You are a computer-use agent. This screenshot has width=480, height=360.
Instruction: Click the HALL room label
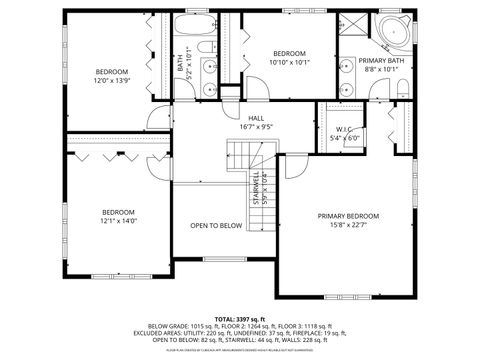tap(257, 118)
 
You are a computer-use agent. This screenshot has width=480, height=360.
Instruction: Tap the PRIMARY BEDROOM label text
tap(348, 216)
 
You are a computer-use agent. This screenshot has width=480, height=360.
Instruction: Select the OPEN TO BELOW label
tap(216, 226)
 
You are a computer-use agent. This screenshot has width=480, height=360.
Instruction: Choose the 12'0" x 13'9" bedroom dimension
tap(112, 79)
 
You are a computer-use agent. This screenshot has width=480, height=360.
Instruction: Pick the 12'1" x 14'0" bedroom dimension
tap(118, 220)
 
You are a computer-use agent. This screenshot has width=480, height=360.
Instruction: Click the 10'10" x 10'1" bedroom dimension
tap(290, 61)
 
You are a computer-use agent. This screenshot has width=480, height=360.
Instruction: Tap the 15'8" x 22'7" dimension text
tap(348, 225)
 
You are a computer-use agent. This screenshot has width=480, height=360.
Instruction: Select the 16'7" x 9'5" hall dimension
tap(257, 127)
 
